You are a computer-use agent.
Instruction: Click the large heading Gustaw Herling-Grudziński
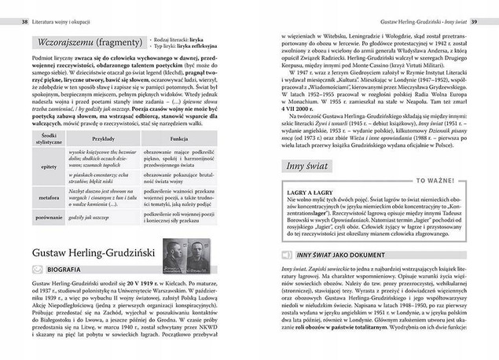[92, 251]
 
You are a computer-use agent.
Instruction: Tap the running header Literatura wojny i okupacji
[67, 10]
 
